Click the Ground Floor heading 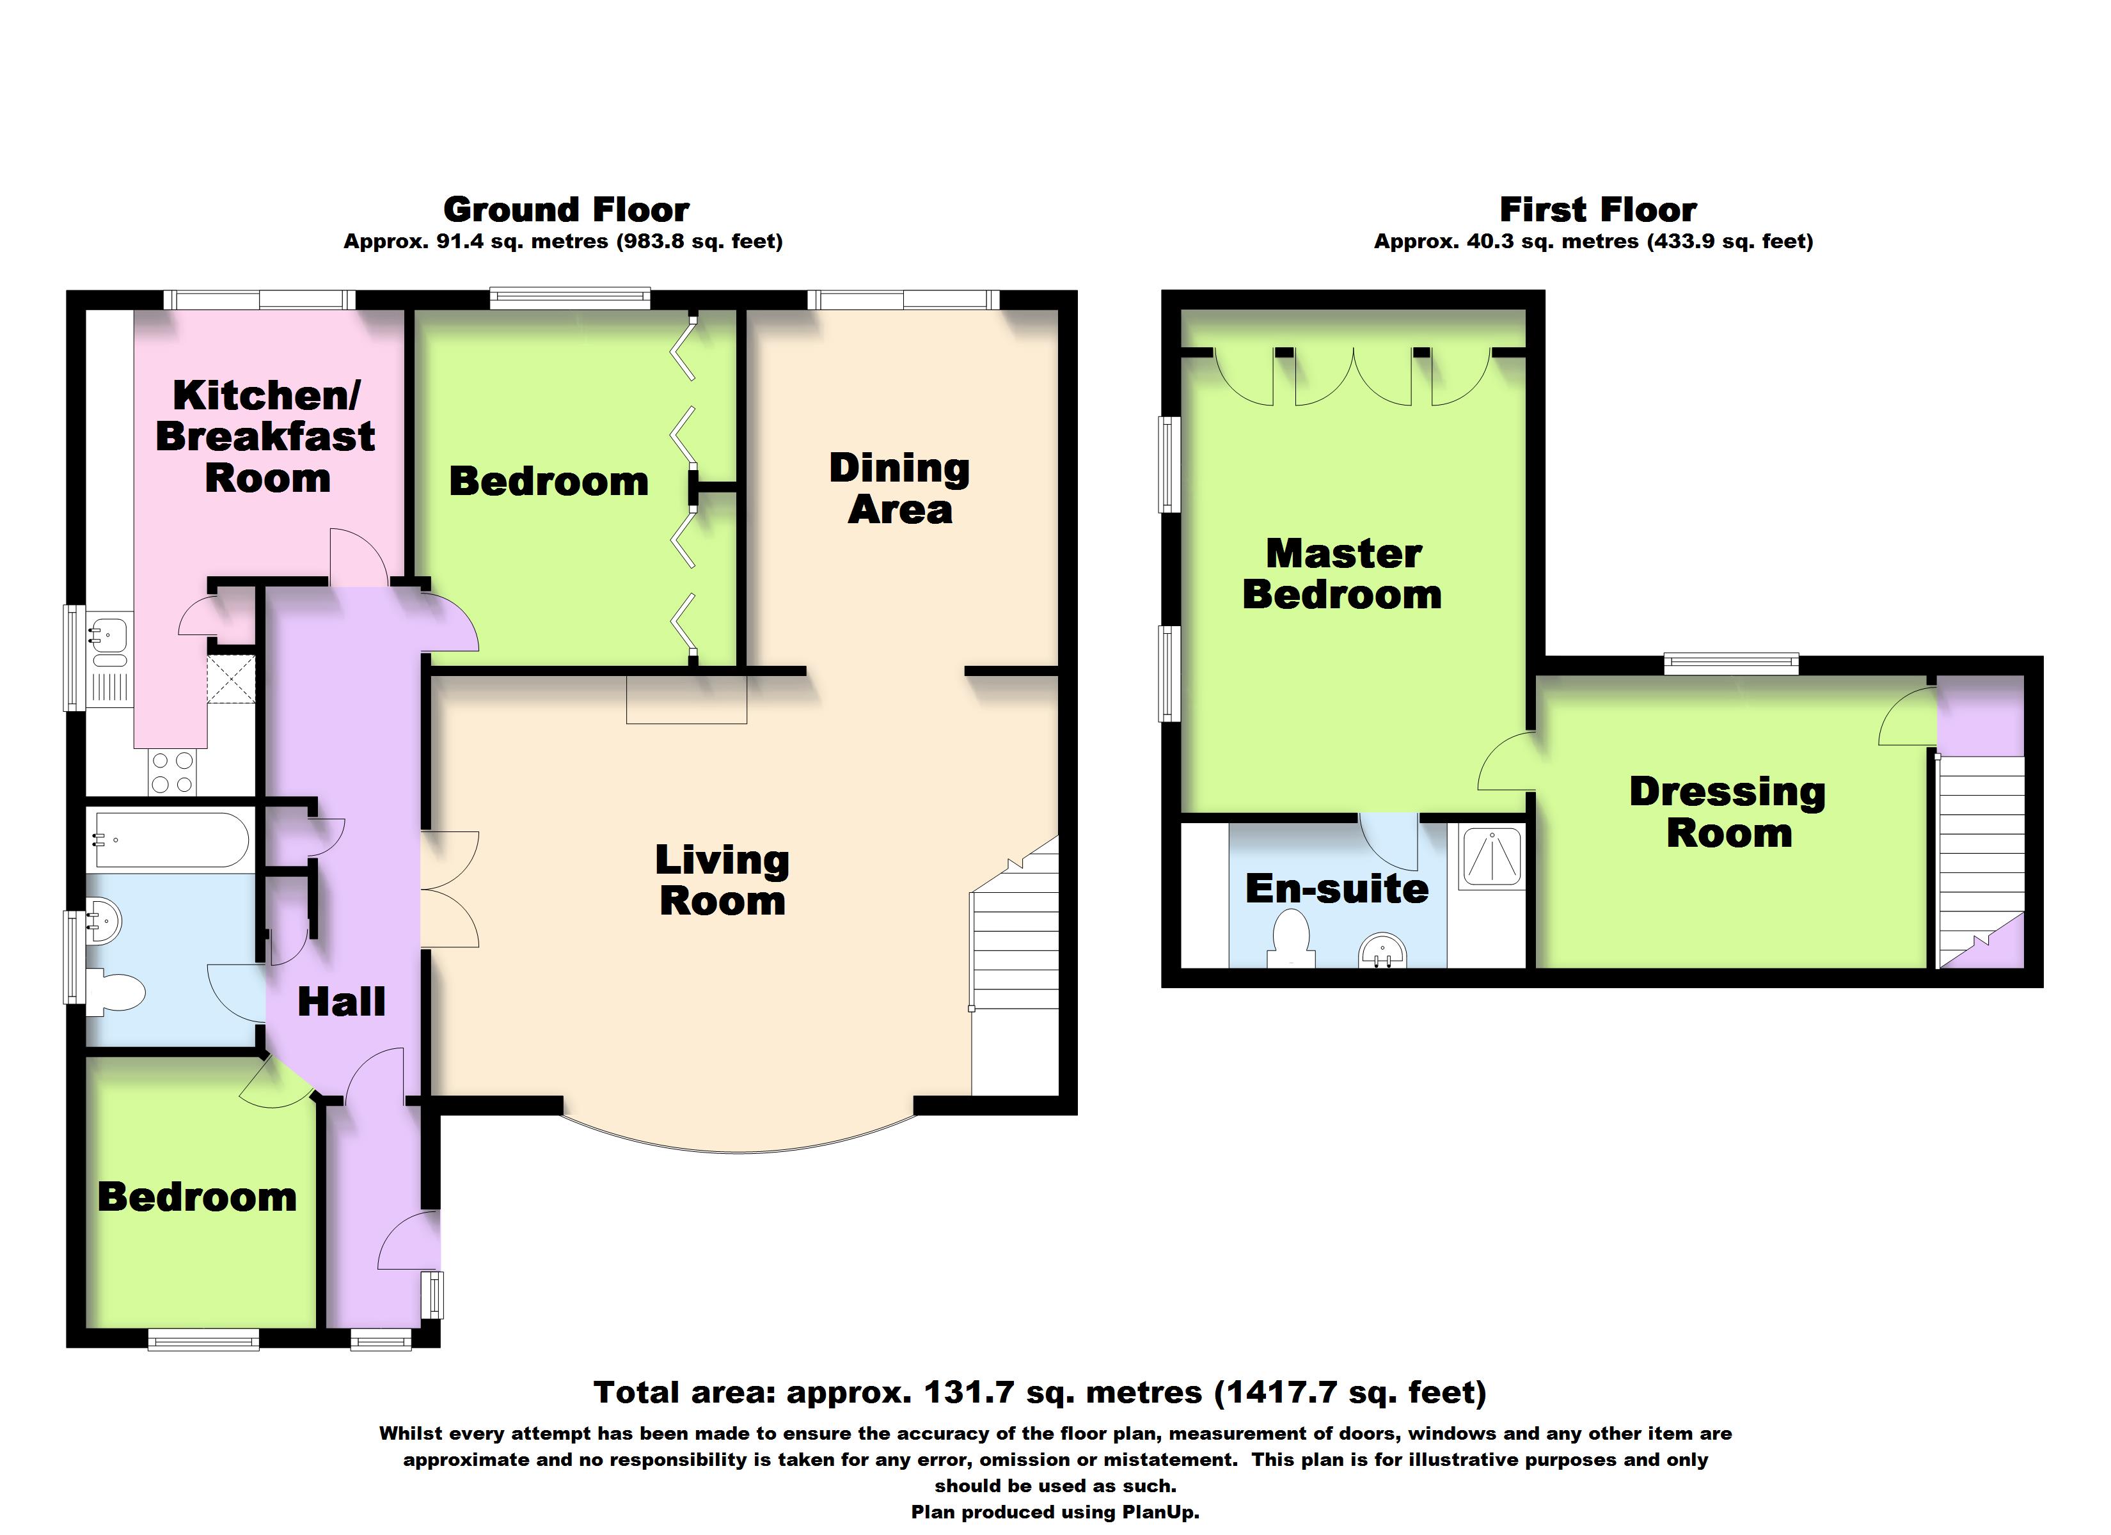point(566,209)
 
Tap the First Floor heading point(1597,209)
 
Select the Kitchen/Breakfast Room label point(265,437)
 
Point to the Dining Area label point(899,489)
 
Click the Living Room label point(722,879)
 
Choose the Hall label point(341,1002)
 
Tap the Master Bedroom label point(1342,574)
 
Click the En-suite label point(1336,889)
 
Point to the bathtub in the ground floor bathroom point(168,840)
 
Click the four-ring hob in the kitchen point(172,772)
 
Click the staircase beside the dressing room point(1981,861)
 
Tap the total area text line point(1040,1392)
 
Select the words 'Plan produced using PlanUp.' point(1055,1512)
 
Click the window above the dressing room point(1731,665)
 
